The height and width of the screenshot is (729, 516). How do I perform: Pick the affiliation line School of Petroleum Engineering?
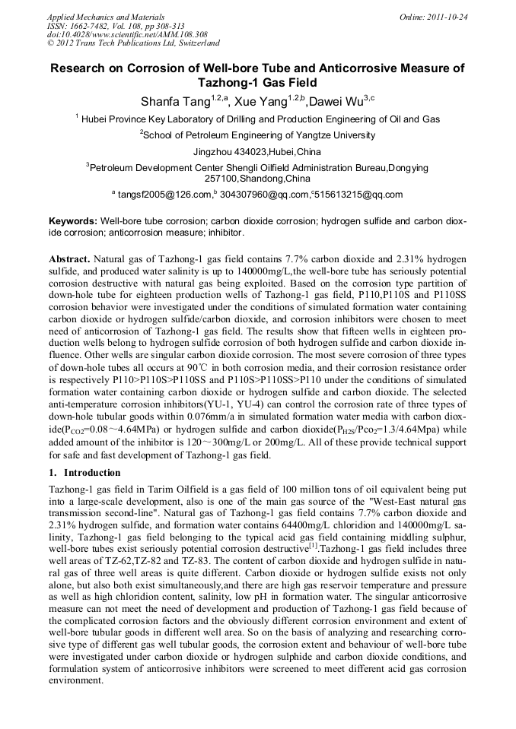[259, 135]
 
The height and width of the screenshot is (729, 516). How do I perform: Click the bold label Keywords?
[72, 220]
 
